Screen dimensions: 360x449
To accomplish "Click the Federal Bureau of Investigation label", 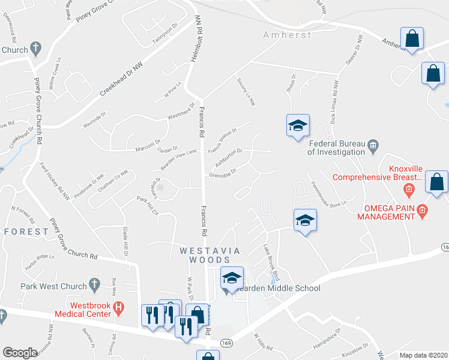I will click(x=337, y=148).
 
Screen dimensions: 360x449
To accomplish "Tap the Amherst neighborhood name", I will click(x=288, y=35).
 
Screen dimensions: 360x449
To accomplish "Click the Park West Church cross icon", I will click(x=93, y=283).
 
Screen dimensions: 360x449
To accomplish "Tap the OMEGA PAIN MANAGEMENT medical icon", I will click(x=422, y=209).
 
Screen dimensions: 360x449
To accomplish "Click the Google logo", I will click(x=19, y=353).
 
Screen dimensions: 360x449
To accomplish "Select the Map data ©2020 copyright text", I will click(x=423, y=355).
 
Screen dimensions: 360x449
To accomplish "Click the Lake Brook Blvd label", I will click(x=271, y=260).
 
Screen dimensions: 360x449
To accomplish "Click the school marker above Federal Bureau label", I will click(x=297, y=125).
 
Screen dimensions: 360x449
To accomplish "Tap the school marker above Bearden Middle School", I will click(x=232, y=277).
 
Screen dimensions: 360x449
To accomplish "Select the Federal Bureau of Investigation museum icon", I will click(x=373, y=144).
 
